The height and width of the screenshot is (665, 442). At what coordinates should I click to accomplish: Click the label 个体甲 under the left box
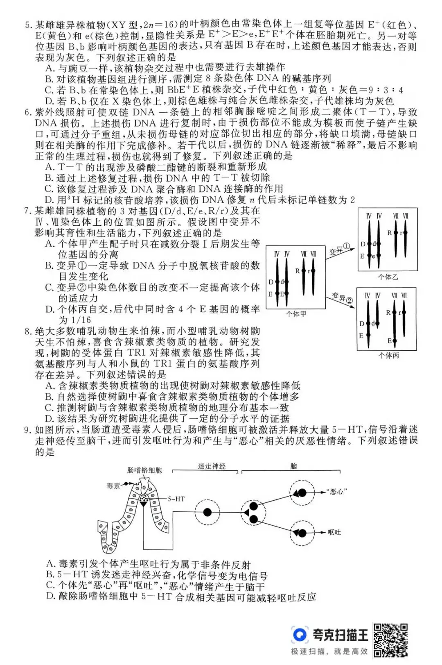296,314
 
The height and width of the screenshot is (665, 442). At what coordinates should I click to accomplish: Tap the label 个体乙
388,277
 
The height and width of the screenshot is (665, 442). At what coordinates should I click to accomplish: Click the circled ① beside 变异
347,247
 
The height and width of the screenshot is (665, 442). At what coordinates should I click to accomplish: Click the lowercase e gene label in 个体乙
374,256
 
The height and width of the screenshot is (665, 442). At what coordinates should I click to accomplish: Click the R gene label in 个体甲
297,271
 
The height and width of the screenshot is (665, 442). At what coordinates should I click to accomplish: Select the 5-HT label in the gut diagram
176,499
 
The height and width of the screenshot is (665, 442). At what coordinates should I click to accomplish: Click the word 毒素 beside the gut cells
113,486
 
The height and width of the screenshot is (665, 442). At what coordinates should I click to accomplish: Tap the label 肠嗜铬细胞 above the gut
144,470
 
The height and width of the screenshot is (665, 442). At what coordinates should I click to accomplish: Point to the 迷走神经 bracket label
212,466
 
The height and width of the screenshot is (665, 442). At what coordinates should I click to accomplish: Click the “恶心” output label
337,492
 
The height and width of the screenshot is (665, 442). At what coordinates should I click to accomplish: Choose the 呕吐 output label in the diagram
334,532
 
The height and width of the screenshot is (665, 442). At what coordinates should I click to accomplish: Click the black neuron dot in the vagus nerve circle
207,512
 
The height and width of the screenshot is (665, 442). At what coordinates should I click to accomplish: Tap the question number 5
27,25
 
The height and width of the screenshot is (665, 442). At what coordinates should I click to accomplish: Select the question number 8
27,331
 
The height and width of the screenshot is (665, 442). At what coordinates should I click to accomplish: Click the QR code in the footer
391,640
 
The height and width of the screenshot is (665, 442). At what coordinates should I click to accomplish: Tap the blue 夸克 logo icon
300,635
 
